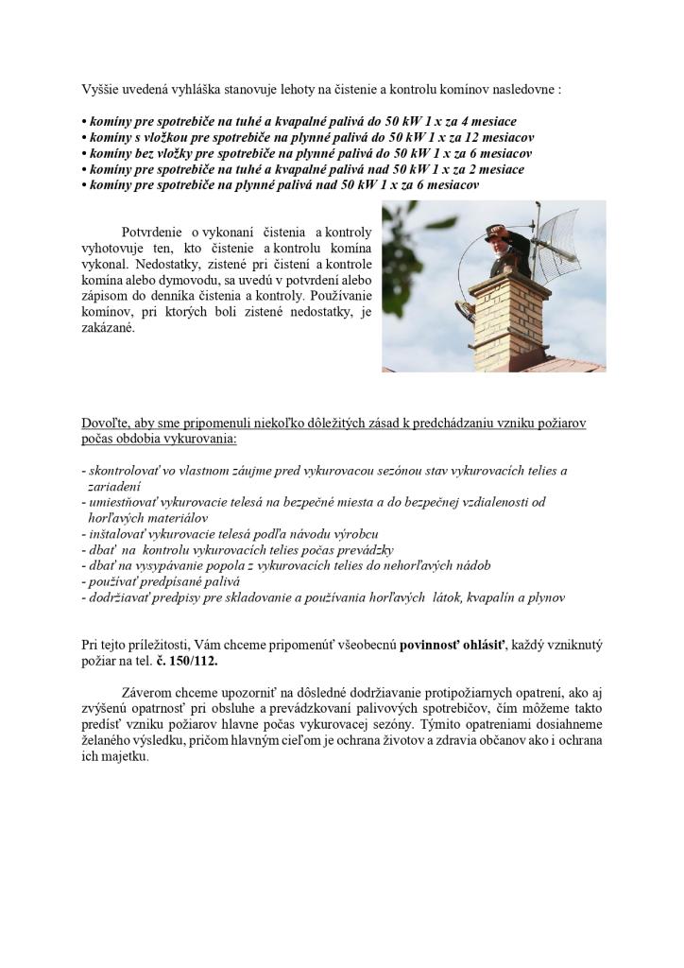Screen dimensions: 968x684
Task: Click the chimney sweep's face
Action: coord(499,242)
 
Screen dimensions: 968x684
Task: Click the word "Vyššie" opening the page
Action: coord(101,90)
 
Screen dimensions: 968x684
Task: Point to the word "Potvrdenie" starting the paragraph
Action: coord(152,232)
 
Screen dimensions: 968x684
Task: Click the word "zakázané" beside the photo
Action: coord(109,330)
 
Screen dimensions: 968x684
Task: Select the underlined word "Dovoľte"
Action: coord(104,423)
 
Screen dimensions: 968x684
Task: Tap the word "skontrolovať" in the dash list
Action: coord(124,470)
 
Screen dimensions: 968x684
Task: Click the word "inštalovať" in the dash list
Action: coord(116,533)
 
